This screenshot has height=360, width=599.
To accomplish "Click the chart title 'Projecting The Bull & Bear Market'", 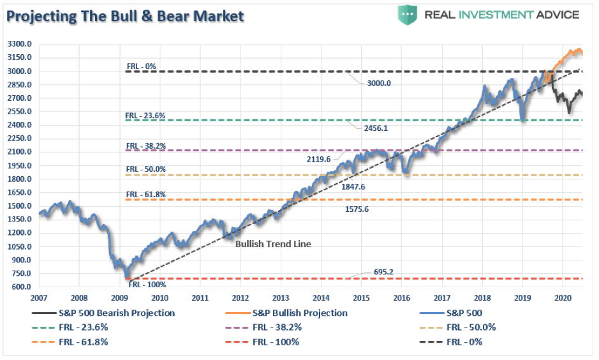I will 126,16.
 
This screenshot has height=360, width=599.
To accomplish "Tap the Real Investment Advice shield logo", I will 407,14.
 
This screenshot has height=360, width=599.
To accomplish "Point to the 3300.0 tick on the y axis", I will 20,44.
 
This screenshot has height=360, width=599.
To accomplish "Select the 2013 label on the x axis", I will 280,298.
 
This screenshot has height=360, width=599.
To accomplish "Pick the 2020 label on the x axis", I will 562,298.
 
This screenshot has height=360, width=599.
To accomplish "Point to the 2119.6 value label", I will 318,160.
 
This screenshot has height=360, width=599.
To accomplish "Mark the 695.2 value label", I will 383,272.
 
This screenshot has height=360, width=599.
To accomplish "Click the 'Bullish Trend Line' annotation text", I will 273,244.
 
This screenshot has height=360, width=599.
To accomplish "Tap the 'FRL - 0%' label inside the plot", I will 140,66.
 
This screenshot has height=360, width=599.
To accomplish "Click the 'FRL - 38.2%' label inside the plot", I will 145,146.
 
